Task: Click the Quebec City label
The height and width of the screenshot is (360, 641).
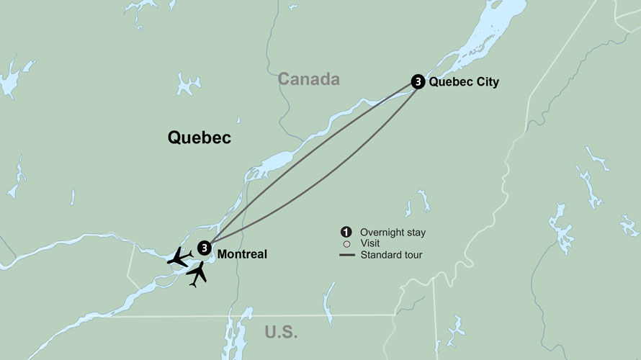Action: (x=463, y=82)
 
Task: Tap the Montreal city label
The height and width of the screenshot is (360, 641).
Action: (x=242, y=254)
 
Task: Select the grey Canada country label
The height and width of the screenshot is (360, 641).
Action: (x=309, y=79)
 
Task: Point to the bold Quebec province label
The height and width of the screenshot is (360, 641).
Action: (x=200, y=138)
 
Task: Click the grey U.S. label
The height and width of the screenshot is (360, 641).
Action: (x=281, y=333)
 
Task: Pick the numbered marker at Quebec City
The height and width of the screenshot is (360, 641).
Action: (x=417, y=82)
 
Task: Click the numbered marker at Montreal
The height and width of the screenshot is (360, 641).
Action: (x=205, y=248)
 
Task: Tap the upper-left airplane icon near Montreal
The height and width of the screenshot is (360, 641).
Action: (x=179, y=257)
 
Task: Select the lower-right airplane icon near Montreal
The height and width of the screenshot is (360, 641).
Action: (x=197, y=274)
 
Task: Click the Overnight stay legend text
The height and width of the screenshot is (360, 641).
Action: (x=393, y=233)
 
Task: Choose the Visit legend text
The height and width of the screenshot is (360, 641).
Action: (x=370, y=244)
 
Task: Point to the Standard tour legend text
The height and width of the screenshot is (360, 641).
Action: (x=392, y=255)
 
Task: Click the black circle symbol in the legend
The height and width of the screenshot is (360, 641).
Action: (x=346, y=232)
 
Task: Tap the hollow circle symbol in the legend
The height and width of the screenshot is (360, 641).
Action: (x=346, y=244)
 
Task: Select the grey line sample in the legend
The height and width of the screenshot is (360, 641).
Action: (x=346, y=255)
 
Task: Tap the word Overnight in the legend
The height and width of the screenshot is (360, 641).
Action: (x=383, y=233)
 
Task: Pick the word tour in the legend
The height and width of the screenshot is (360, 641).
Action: (x=413, y=255)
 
